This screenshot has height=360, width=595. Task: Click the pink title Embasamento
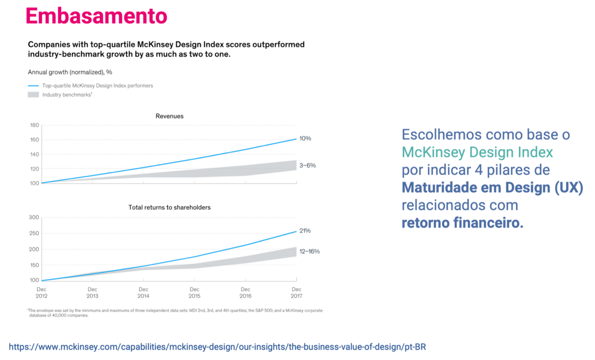96,16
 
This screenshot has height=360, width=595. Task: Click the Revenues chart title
169,116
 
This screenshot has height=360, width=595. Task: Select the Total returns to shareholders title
169,207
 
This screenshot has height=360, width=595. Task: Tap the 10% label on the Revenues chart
305,138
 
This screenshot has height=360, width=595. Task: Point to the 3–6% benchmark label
308,165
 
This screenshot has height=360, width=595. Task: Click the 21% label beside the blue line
305,230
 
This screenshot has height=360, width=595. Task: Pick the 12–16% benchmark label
310,251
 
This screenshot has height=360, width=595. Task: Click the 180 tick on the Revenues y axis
34,125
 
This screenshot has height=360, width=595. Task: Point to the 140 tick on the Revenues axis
34,154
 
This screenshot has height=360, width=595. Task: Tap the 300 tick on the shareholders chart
34,217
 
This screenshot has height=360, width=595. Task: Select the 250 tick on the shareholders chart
34,233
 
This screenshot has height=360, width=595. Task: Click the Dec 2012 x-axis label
41,292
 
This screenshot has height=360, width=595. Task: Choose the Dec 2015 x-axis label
194,292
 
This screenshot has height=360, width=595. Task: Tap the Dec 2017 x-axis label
296,292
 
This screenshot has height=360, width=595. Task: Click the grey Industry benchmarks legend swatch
33,95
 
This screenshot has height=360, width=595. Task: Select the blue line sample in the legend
33,86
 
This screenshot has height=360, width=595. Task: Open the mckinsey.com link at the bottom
217,347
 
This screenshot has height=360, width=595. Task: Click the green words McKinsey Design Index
477,152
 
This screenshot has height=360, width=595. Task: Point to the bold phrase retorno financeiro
463,223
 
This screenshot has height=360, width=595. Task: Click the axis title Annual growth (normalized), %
70,72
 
